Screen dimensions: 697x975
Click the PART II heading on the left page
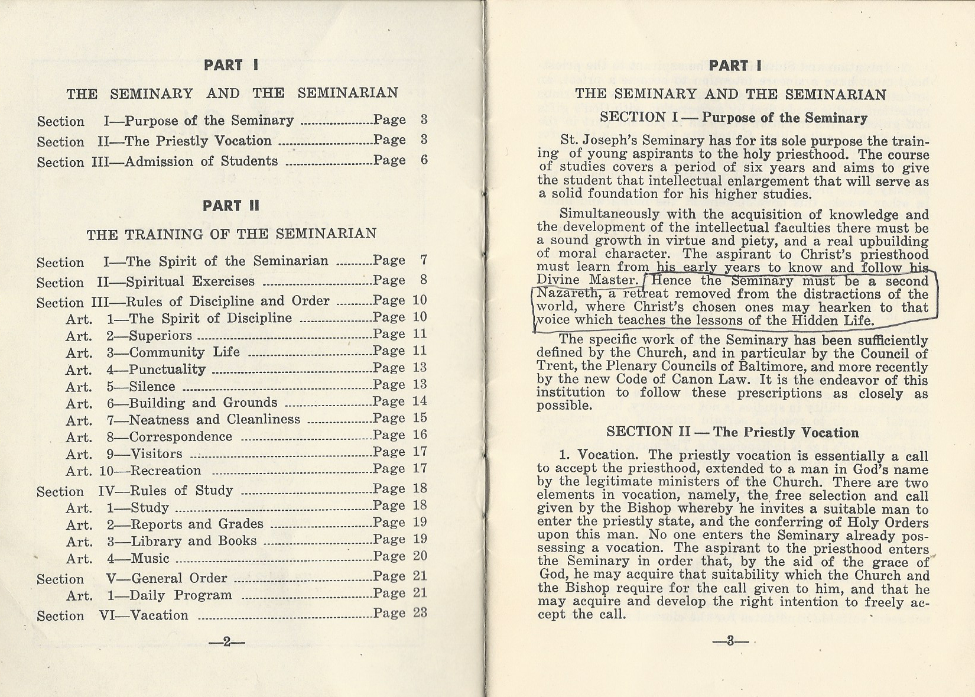tap(231, 206)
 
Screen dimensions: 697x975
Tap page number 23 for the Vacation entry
tap(420, 612)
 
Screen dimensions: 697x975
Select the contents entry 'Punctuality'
tap(167, 370)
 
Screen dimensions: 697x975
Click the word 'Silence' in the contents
tap(152, 387)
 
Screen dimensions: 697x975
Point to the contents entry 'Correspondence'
tap(180, 437)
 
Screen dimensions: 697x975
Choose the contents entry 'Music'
tap(150, 558)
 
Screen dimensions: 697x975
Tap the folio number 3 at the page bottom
tap(730, 641)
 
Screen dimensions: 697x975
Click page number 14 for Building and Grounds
tap(420, 401)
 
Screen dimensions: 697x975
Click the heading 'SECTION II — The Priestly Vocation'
tap(732, 432)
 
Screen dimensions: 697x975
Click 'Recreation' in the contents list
tap(165, 471)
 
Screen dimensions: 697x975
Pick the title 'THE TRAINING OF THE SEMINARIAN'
tap(231, 234)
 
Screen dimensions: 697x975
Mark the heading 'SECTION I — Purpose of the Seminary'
tap(733, 118)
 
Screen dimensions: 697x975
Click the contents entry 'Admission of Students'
tap(201, 161)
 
